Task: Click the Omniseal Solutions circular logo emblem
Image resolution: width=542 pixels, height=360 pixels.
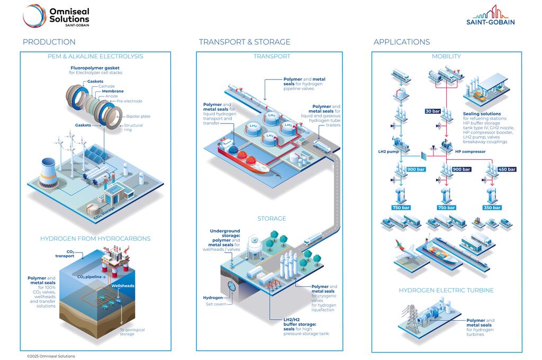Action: click(x=34, y=15)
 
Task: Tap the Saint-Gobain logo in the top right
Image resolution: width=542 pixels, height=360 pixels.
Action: click(x=490, y=15)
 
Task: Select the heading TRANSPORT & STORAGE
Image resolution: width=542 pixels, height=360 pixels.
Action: click(x=245, y=42)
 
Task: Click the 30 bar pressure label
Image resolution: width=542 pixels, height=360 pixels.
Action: click(x=432, y=111)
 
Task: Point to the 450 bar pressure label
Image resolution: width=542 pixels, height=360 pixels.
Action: click(x=507, y=169)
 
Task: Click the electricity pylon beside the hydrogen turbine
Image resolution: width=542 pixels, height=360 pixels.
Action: click(x=411, y=318)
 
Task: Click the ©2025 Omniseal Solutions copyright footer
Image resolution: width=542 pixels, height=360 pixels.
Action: click(x=51, y=356)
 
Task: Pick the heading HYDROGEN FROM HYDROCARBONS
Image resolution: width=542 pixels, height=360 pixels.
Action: click(x=95, y=239)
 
